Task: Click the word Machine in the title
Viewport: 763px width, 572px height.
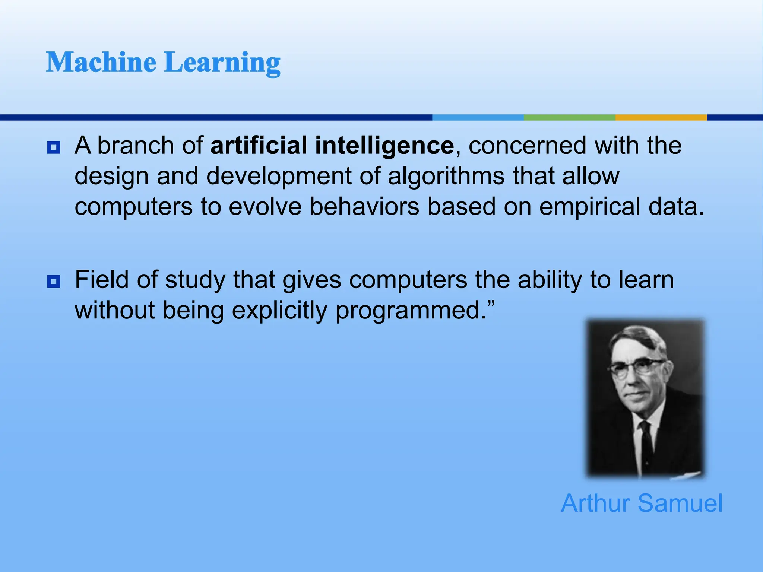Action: [101, 62]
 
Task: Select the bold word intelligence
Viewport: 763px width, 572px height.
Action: [384, 146]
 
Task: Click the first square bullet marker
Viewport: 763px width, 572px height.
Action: [54, 147]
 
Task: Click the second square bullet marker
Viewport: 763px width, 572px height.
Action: [54, 282]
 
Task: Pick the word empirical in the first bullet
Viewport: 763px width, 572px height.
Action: [590, 207]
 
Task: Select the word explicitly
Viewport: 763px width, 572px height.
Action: [279, 311]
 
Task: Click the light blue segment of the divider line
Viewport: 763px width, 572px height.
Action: [478, 117]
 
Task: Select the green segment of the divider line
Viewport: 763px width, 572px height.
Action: [569, 117]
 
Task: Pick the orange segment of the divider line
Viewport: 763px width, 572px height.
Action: [661, 117]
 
